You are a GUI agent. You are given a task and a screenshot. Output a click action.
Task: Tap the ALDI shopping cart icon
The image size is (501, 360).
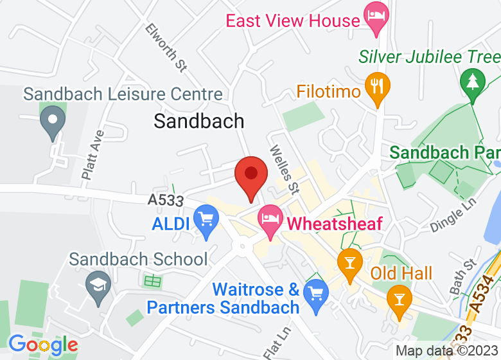(x=206, y=221)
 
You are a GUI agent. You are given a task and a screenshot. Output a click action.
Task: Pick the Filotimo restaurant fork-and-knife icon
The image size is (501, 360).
(x=376, y=88)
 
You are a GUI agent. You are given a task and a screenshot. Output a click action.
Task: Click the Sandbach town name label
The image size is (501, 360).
(x=199, y=121)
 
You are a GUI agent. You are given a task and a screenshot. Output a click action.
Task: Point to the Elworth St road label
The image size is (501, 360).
(x=166, y=46)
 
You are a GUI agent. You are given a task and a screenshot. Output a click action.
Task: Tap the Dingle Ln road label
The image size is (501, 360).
(x=455, y=215)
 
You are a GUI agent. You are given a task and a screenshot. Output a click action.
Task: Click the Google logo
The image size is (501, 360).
(x=43, y=346)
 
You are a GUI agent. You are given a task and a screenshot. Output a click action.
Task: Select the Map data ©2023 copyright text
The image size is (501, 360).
(x=447, y=351)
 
